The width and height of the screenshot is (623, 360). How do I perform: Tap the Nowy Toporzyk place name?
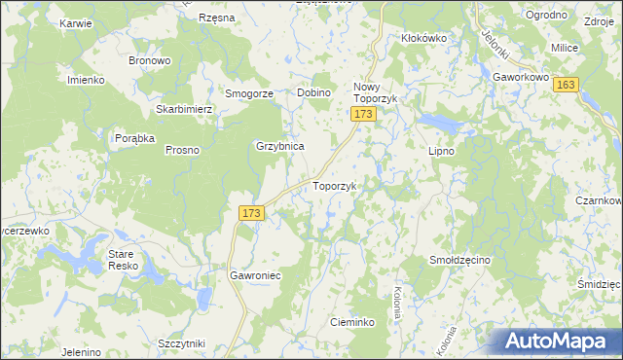pyautogui.click(x=371, y=92)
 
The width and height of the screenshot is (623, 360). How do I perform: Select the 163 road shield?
pyautogui.click(x=567, y=86)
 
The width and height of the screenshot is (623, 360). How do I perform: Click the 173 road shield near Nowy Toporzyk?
pyautogui.click(x=363, y=115)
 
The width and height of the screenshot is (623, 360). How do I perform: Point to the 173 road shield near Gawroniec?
pyautogui.click(x=250, y=212)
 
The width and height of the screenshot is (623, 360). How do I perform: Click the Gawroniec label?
pyautogui.click(x=255, y=275)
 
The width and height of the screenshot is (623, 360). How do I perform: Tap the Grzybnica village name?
pyautogui.click(x=280, y=146)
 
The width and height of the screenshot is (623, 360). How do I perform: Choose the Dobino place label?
pyautogui.click(x=314, y=92)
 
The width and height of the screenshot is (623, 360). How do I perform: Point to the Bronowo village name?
pyautogui.click(x=150, y=60)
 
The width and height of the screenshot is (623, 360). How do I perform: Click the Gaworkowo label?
pyautogui.click(x=522, y=75)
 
